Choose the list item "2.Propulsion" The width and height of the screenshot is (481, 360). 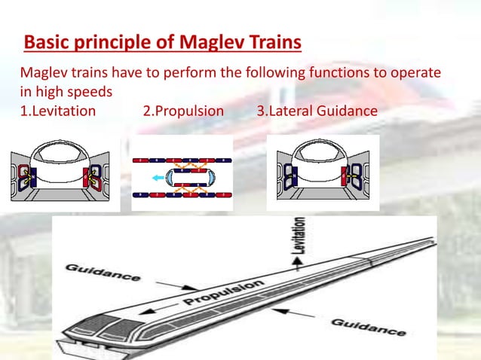pos(183,111)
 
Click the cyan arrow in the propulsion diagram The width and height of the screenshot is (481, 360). pos(156,178)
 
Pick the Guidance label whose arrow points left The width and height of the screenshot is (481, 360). pos(369,325)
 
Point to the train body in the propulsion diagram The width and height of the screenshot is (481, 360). pos(181,178)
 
